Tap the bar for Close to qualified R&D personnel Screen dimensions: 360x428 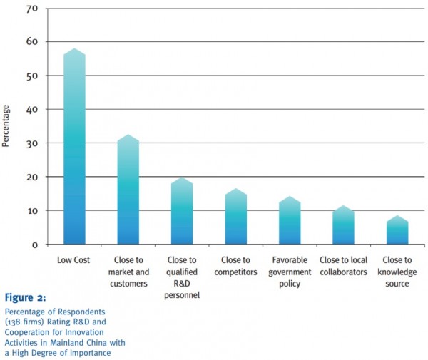(x=182, y=211)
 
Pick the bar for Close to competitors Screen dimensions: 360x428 (x=235, y=217)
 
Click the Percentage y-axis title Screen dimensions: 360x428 (x=6, y=126)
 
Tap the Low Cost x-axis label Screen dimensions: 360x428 (x=74, y=260)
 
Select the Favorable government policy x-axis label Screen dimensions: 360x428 (x=289, y=272)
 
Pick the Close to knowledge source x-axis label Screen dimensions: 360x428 (x=397, y=272)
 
